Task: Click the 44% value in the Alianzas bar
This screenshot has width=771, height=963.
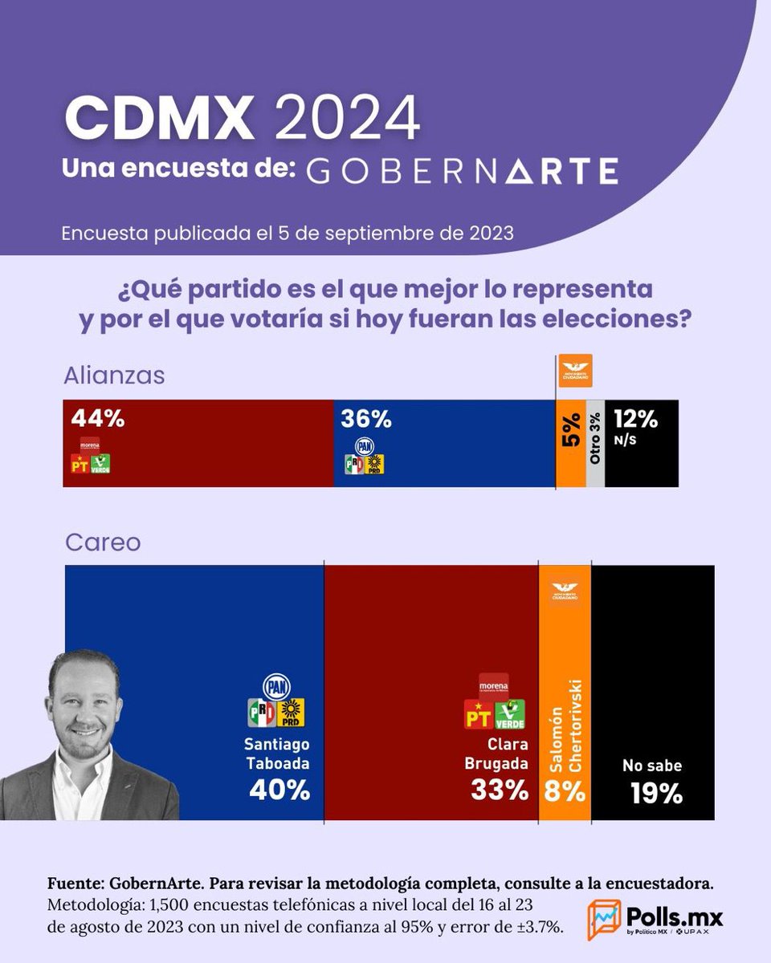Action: click(98, 419)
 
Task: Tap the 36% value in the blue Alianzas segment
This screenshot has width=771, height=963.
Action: click(365, 419)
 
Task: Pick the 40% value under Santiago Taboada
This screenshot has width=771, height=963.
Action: click(279, 790)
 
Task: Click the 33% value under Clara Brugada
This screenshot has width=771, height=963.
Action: click(500, 790)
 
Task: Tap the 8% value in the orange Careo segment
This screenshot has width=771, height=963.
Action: click(565, 790)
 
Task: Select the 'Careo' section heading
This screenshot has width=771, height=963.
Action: click(102, 542)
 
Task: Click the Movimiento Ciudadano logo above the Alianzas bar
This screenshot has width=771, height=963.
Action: click(575, 371)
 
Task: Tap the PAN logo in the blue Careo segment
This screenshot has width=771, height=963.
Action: click(277, 686)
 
